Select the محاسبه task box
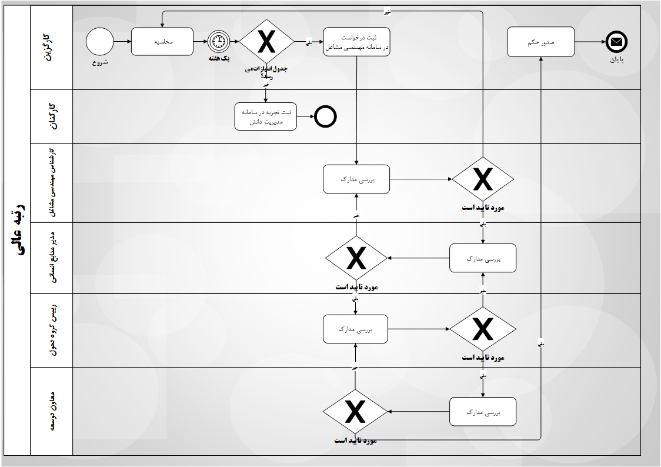(x=162, y=42)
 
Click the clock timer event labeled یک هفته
(x=218, y=42)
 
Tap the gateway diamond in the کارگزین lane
(x=266, y=42)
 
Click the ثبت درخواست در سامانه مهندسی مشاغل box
(x=356, y=42)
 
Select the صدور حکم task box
(x=540, y=42)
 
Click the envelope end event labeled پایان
(x=616, y=42)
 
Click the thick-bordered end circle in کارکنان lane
(x=325, y=116)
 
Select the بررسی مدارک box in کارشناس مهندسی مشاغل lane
(x=356, y=179)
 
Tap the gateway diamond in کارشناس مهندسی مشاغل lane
(x=483, y=179)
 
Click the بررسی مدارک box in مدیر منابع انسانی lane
(x=483, y=258)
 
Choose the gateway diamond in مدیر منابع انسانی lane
(x=356, y=258)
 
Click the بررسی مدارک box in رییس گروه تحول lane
(x=356, y=329)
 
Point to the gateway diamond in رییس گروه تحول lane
(x=483, y=329)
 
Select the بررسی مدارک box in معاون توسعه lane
(x=483, y=412)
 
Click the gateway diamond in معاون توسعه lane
(x=356, y=412)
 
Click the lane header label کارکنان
(x=52, y=116)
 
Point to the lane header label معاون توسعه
(x=52, y=411)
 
